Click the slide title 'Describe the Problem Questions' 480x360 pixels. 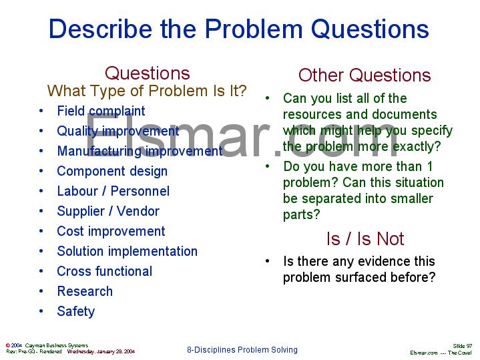pos(239,29)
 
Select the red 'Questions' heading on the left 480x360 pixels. pos(147,73)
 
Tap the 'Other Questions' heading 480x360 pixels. pos(365,75)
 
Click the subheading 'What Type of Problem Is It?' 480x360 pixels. pos(147,90)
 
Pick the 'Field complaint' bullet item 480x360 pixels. pos(101,111)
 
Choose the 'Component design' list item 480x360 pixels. pos(112,171)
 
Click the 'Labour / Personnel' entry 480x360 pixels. pos(113,191)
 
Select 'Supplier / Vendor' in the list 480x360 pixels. pos(108,211)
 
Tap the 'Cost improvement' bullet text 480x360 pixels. pos(111,231)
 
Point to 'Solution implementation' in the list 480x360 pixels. pos(127,251)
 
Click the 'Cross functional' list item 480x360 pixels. pos(104,271)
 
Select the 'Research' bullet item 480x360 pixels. pos(85,291)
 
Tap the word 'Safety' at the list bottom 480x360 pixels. pos(76,311)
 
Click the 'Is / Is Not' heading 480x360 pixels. pos(365,238)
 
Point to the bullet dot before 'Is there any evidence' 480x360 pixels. pos(268,261)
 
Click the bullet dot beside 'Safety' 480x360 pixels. pos(41,311)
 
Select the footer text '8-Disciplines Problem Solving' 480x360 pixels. pos(242,350)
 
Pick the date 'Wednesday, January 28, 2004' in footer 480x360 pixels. pos(101,351)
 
